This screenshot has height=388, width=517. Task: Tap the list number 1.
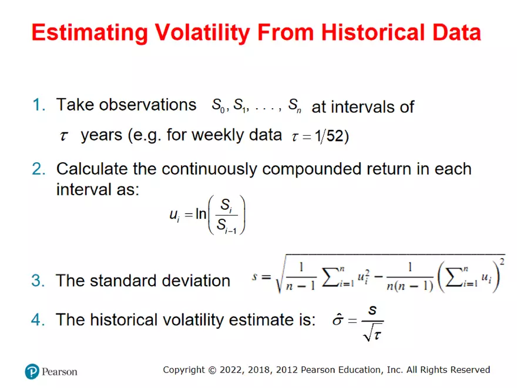pos(39,105)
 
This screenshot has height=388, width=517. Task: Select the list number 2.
pos(39,169)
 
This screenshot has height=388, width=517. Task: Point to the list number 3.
pos(39,281)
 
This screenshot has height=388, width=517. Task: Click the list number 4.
pos(39,320)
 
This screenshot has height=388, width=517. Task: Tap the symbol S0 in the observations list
pos(218,107)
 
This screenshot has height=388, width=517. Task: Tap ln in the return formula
pos(201,215)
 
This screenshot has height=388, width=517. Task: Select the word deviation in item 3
pos(191,281)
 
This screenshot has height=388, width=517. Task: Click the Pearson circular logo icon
pos(32,371)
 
